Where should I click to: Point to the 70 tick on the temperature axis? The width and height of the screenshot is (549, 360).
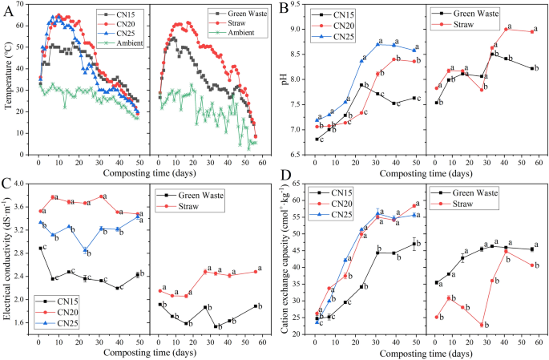tap(24, 6)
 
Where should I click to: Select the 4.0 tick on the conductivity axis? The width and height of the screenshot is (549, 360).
tap(23, 185)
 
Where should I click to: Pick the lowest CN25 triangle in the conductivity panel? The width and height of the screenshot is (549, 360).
tap(85, 250)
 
